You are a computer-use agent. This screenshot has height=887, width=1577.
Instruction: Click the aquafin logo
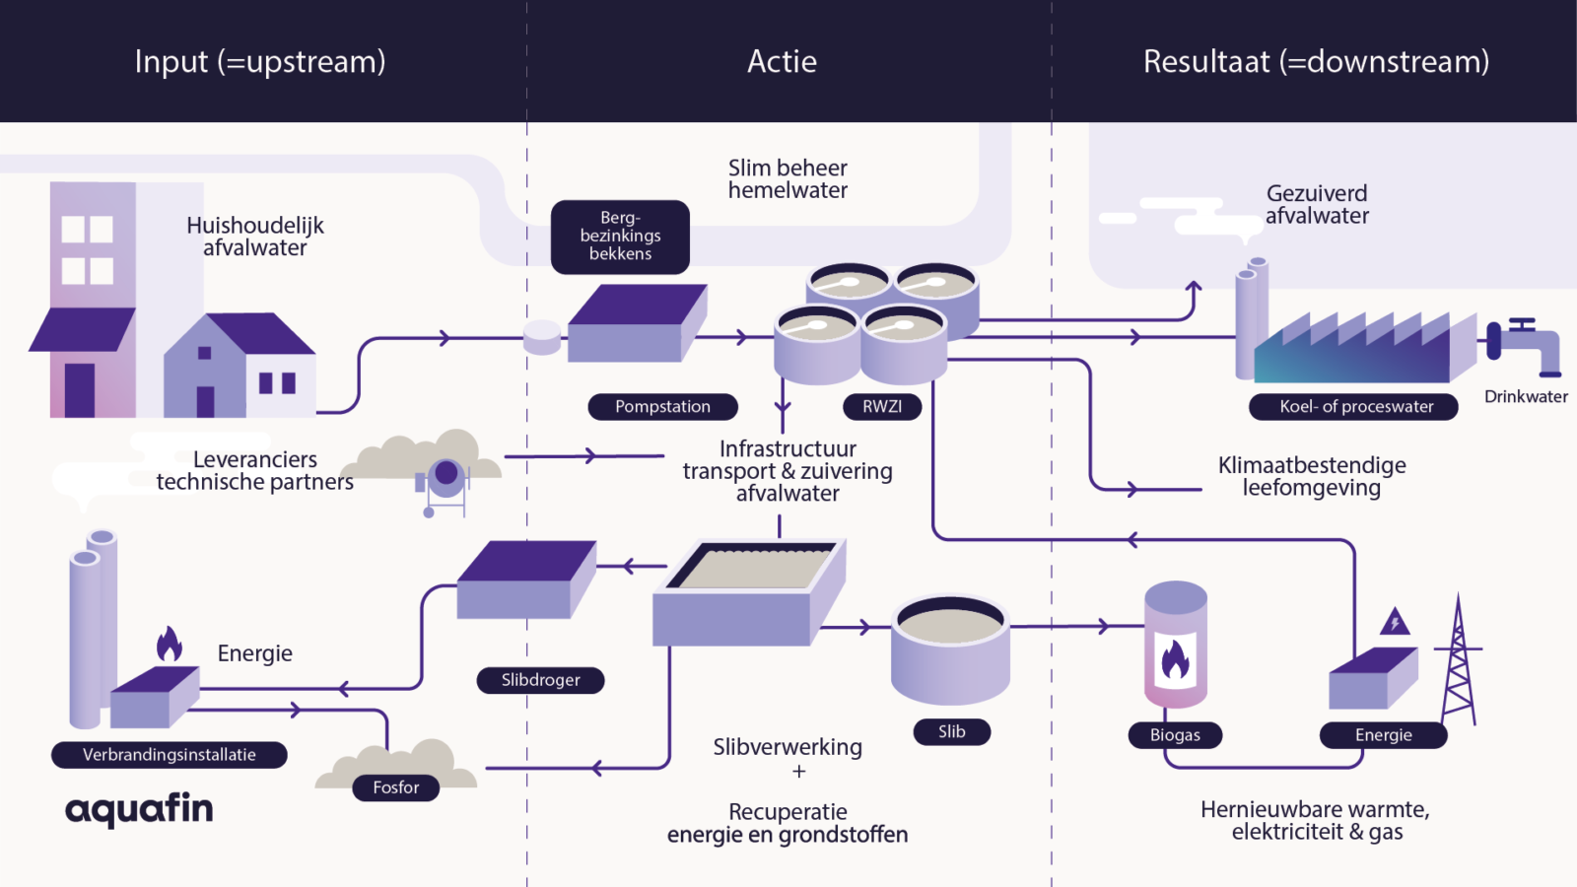click(x=139, y=809)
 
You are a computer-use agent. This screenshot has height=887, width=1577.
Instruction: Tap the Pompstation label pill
click(x=662, y=407)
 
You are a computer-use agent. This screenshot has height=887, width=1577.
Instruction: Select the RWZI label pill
click(x=882, y=407)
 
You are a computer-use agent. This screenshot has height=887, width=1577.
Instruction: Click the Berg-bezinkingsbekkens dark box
click(x=620, y=237)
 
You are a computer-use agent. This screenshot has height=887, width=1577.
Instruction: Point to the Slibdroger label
click(x=540, y=680)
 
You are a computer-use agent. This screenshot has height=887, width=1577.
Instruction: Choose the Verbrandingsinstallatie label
click(x=170, y=755)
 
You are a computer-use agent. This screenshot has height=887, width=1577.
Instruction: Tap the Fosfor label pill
click(x=396, y=787)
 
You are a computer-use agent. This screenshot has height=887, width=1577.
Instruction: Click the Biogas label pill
click(x=1175, y=735)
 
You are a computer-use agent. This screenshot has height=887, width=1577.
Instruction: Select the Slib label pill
click(x=951, y=731)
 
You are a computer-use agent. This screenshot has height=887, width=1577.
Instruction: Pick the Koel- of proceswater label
click(x=1353, y=407)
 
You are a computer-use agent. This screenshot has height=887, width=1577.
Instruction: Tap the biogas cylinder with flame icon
click(x=1175, y=646)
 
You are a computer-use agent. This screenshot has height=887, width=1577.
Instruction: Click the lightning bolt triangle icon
click(x=1395, y=623)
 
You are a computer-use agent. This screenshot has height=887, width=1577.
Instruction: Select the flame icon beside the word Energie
click(x=170, y=645)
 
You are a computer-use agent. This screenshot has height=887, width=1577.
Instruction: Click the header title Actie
click(x=782, y=62)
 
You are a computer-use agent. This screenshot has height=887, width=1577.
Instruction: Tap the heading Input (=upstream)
click(x=260, y=62)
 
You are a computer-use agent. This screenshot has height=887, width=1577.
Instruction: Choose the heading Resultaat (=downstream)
click(x=1316, y=62)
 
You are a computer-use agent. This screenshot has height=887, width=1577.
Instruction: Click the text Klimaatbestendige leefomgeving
click(x=1311, y=477)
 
